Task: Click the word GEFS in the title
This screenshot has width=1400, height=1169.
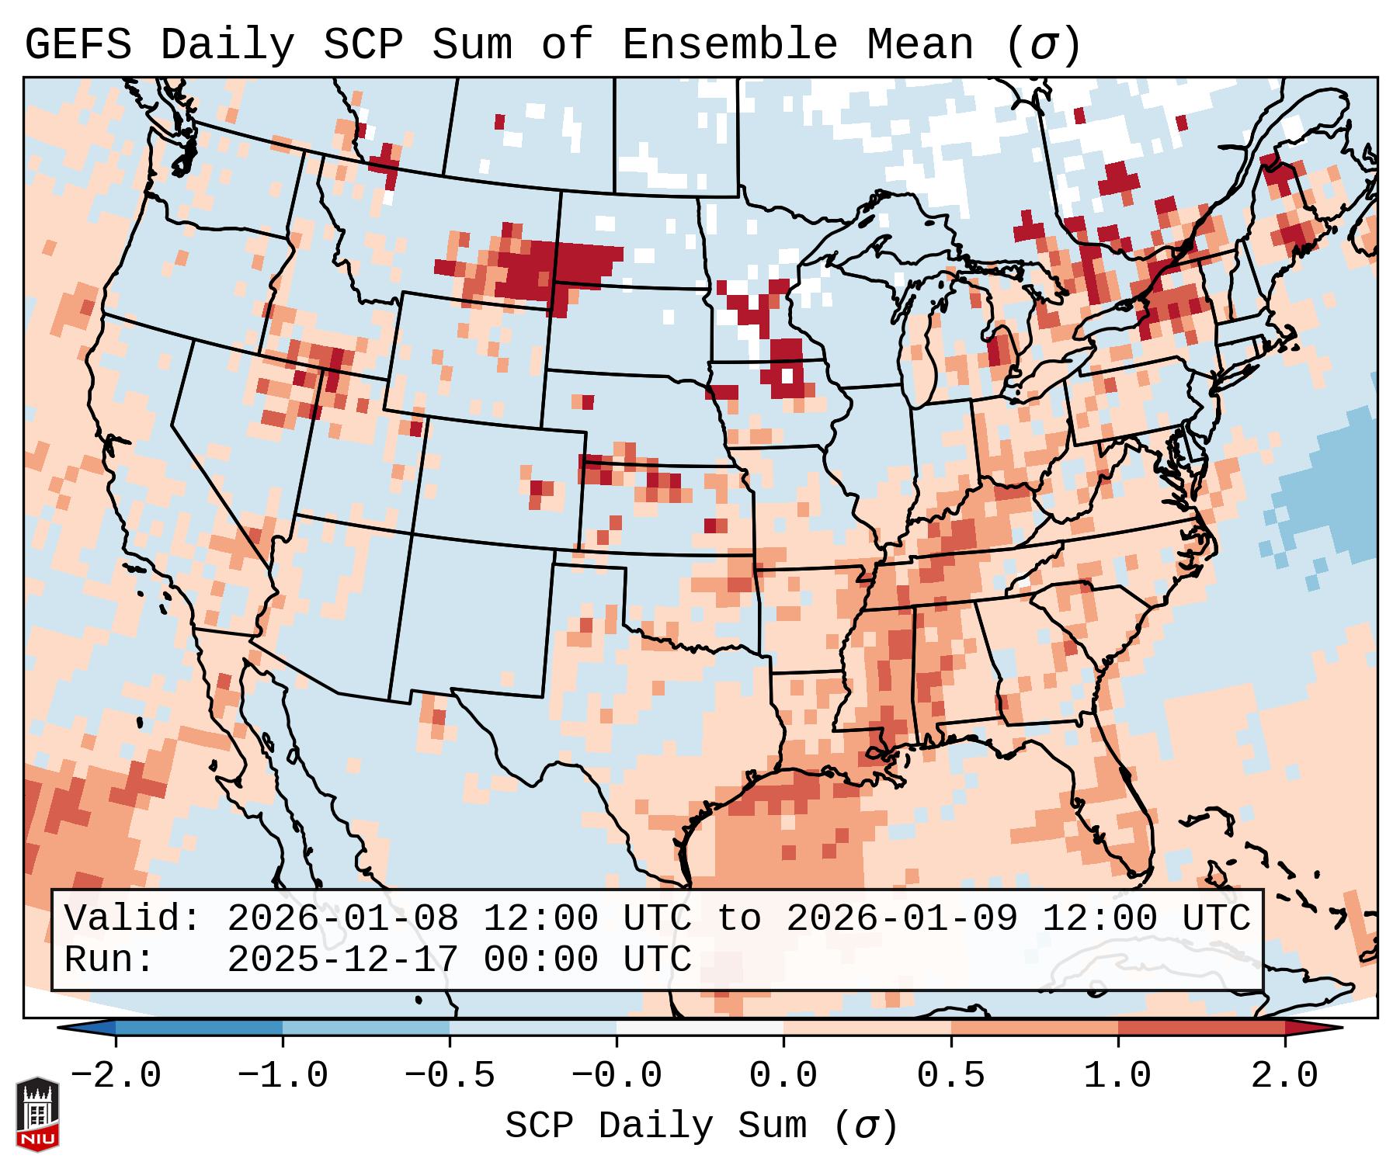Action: pos(78,45)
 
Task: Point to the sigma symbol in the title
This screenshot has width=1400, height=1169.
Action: pos(1044,45)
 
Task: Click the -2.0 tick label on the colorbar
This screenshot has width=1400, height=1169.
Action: pos(116,1077)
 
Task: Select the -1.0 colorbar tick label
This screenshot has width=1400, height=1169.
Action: pos(283,1077)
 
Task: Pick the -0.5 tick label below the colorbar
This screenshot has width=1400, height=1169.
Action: pos(450,1077)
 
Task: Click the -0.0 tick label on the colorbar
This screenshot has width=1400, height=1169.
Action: pos(617,1077)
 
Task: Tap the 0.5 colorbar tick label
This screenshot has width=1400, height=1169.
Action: pos(951,1077)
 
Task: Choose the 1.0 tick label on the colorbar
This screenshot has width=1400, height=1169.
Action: pos(1118,1077)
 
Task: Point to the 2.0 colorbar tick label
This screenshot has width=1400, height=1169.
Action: pos(1285,1077)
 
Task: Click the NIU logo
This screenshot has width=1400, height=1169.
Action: pos(37,1114)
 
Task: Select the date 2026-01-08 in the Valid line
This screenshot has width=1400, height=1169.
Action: pos(342,919)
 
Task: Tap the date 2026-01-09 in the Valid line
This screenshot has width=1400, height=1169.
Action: pos(901,919)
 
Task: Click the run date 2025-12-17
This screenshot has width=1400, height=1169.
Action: pos(342,960)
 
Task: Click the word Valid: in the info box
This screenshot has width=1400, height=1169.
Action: pos(133,919)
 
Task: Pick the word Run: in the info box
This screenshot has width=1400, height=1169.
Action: pos(109,960)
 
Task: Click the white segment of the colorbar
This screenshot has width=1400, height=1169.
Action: pos(700,1028)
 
